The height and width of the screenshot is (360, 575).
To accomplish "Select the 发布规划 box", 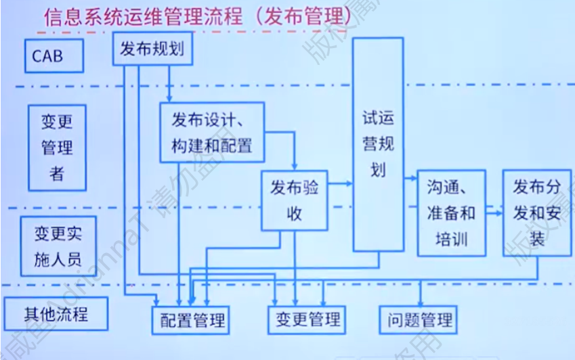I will point(152,49).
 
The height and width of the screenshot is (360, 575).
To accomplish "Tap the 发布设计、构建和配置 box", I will point(211,133).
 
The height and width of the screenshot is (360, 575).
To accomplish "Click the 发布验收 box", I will point(295,200).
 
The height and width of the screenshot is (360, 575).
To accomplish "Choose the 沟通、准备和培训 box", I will point(451,212).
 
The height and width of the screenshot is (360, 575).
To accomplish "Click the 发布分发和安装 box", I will point(536,212).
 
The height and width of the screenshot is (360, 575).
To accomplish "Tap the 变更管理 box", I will point(308,319).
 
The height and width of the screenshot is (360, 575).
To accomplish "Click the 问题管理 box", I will point(418,319).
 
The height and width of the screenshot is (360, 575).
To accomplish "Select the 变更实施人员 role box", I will point(57,246).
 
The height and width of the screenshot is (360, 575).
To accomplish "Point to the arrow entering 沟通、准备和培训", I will point(410,179).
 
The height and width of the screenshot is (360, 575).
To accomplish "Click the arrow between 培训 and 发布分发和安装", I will point(495,212).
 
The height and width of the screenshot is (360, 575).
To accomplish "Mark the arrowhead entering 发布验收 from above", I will point(295,166).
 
